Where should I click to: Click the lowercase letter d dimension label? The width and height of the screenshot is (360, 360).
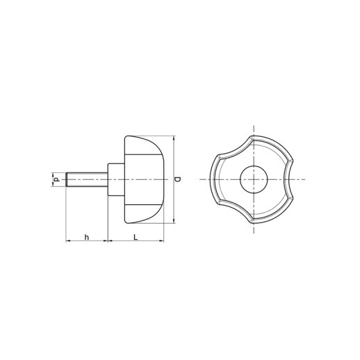click(x=56, y=179)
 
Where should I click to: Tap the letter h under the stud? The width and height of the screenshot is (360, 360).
click(x=87, y=237)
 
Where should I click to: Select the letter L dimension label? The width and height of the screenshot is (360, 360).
click(x=136, y=237)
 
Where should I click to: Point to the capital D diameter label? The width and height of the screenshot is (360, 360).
click(x=178, y=179)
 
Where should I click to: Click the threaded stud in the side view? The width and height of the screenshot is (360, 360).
click(x=87, y=179)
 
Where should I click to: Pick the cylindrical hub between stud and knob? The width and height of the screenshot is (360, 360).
click(x=116, y=179)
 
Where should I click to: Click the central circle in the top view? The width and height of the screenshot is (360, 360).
click(x=254, y=179)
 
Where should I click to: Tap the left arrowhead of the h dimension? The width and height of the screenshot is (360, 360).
click(x=68, y=241)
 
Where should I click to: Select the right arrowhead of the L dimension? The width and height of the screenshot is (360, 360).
click(x=162, y=241)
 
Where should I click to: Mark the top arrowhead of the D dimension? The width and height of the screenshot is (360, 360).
click(x=174, y=138)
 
